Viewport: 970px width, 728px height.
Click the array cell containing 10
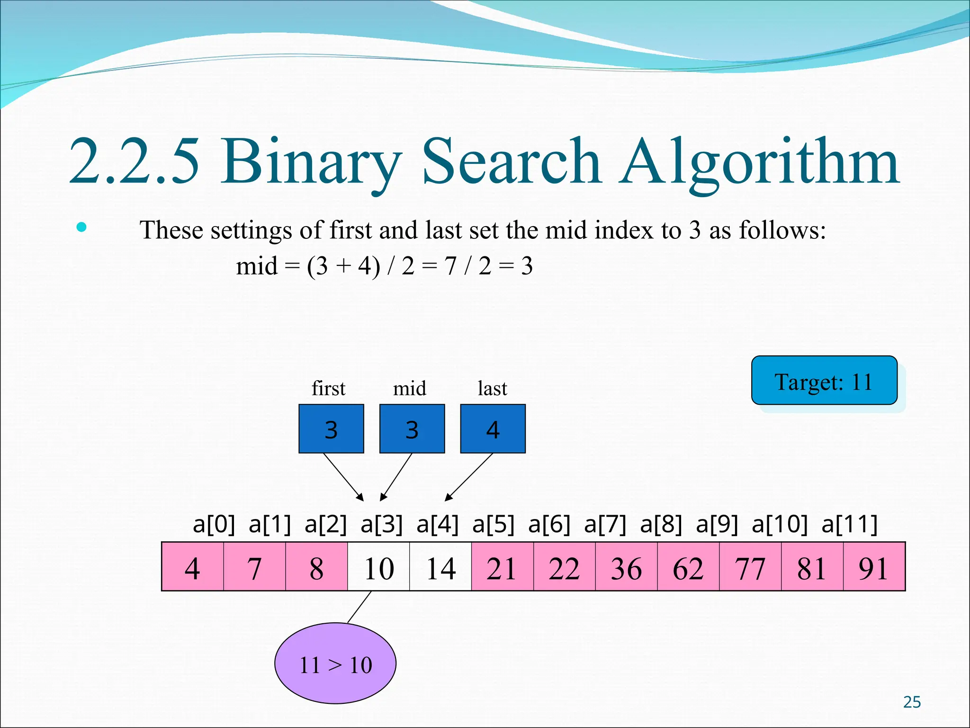click(x=378, y=567)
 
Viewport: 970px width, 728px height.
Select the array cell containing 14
click(x=440, y=567)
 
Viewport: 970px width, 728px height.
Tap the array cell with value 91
click(x=874, y=567)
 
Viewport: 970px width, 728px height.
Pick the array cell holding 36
click(x=626, y=567)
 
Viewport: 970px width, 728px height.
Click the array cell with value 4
click(x=193, y=567)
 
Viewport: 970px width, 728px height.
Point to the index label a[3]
click(x=382, y=524)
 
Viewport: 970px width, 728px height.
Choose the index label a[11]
click(x=850, y=524)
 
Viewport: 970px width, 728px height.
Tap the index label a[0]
click(x=214, y=524)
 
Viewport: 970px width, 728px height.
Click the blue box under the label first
click(x=331, y=429)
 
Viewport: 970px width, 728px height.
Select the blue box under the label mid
click(x=412, y=429)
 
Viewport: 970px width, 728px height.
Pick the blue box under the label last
click(x=493, y=429)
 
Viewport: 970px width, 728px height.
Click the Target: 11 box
click(x=824, y=381)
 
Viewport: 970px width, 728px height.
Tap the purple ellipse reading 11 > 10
click(x=335, y=664)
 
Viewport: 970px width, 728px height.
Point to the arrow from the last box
click(x=469, y=477)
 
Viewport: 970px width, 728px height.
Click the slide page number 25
click(x=912, y=702)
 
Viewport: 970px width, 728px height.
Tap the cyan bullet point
click(x=81, y=227)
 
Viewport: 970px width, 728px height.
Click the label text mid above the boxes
click(x=410, y=389)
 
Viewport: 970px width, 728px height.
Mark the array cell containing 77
click(x=750, y=567)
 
